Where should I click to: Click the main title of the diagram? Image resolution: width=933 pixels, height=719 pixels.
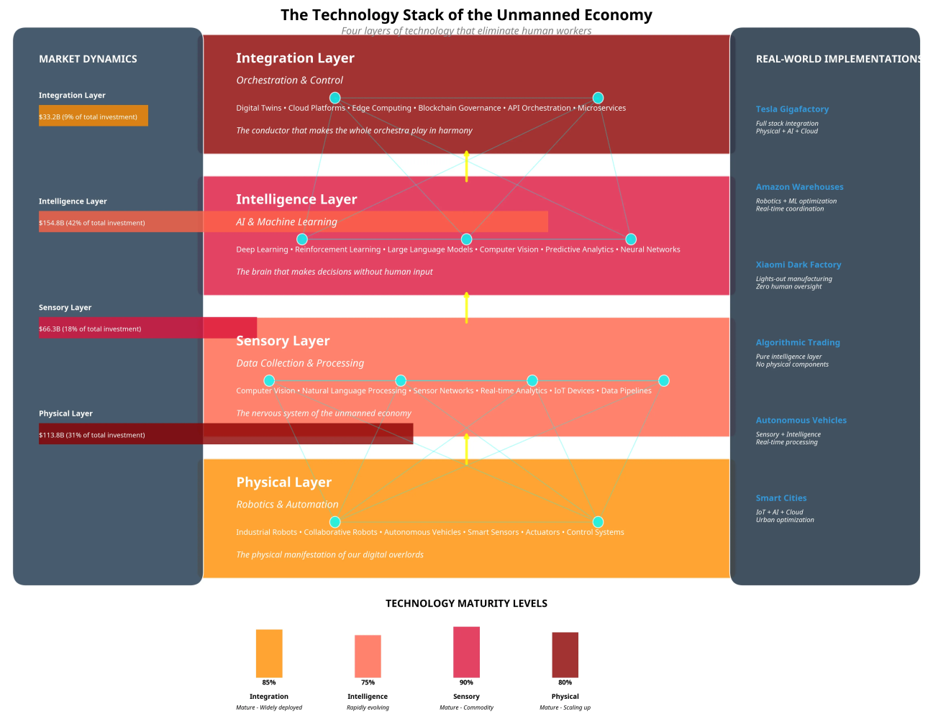click(466, 15)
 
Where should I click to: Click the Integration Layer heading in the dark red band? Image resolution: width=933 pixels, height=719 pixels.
click(295, 58)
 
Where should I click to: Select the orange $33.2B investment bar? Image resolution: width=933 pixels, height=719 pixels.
click(94, 116)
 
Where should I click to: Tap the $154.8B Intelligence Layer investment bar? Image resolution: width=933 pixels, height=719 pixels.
click(293, 222)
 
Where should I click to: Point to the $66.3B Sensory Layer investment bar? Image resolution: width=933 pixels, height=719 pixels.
click(147, 328)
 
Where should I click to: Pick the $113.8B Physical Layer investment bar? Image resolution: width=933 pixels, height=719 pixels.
click(226, 434)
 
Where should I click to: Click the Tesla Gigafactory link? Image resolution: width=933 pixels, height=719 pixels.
click(792, 109)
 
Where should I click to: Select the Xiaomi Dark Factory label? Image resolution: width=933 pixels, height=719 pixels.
click(798, 265)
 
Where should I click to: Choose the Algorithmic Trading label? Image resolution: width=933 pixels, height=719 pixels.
click(798, 343)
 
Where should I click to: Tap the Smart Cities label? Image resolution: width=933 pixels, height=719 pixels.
click(780, 498)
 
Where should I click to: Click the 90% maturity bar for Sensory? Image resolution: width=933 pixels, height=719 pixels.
click(466, 652)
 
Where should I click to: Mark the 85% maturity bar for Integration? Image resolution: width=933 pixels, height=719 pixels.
click(269, 654)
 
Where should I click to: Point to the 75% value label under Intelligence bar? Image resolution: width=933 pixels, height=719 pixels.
click(368, 682)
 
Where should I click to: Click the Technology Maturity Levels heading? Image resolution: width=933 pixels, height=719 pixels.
click(466, 604)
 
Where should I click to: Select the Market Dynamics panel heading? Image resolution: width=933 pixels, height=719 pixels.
click(88, 59)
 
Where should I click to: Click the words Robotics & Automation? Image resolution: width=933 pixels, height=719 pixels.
click(287, 505)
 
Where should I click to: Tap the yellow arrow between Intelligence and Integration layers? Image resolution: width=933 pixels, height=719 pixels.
click(466, 167)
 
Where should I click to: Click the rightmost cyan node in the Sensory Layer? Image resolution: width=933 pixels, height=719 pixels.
click(664, 380)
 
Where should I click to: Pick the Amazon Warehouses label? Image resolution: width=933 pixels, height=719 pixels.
click(799, 187)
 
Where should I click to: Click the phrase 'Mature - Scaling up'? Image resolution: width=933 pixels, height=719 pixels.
click(565, 707)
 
